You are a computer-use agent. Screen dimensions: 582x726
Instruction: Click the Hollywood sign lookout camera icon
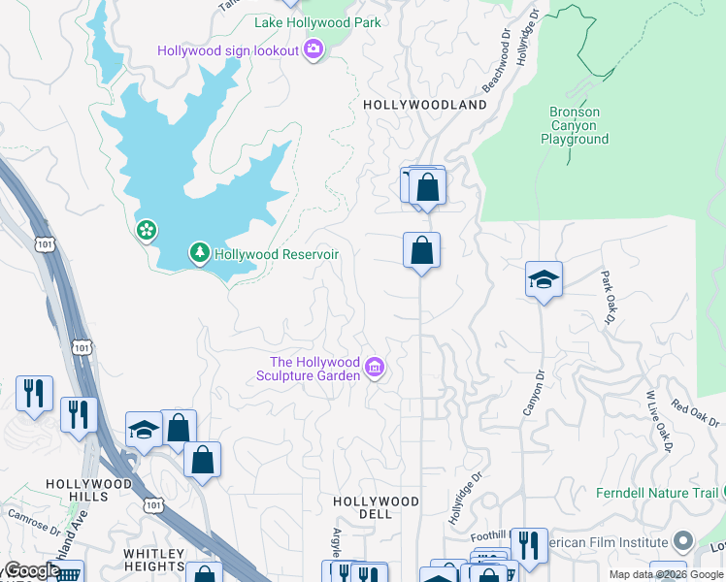[313, 49]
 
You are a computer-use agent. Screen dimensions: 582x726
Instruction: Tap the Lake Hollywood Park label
[317, 22]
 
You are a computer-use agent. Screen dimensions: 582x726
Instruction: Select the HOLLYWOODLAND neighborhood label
[424, 104]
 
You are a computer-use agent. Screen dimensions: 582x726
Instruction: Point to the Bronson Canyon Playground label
[575, 125]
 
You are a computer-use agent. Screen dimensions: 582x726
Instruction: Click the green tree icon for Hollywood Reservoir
[200, 254]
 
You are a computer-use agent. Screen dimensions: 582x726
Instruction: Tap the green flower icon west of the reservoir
[147, 231]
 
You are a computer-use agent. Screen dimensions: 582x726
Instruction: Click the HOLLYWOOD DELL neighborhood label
[376, 507]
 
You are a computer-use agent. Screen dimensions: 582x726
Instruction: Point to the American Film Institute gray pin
[684, 541]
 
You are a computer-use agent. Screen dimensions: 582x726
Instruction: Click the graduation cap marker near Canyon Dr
[544, 280]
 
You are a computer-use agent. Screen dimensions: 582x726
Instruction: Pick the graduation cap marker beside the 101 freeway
[144, 429]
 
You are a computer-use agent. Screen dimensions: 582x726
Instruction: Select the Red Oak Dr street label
[695, 414]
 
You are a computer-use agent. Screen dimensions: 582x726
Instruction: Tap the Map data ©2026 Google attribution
[665, 574]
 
